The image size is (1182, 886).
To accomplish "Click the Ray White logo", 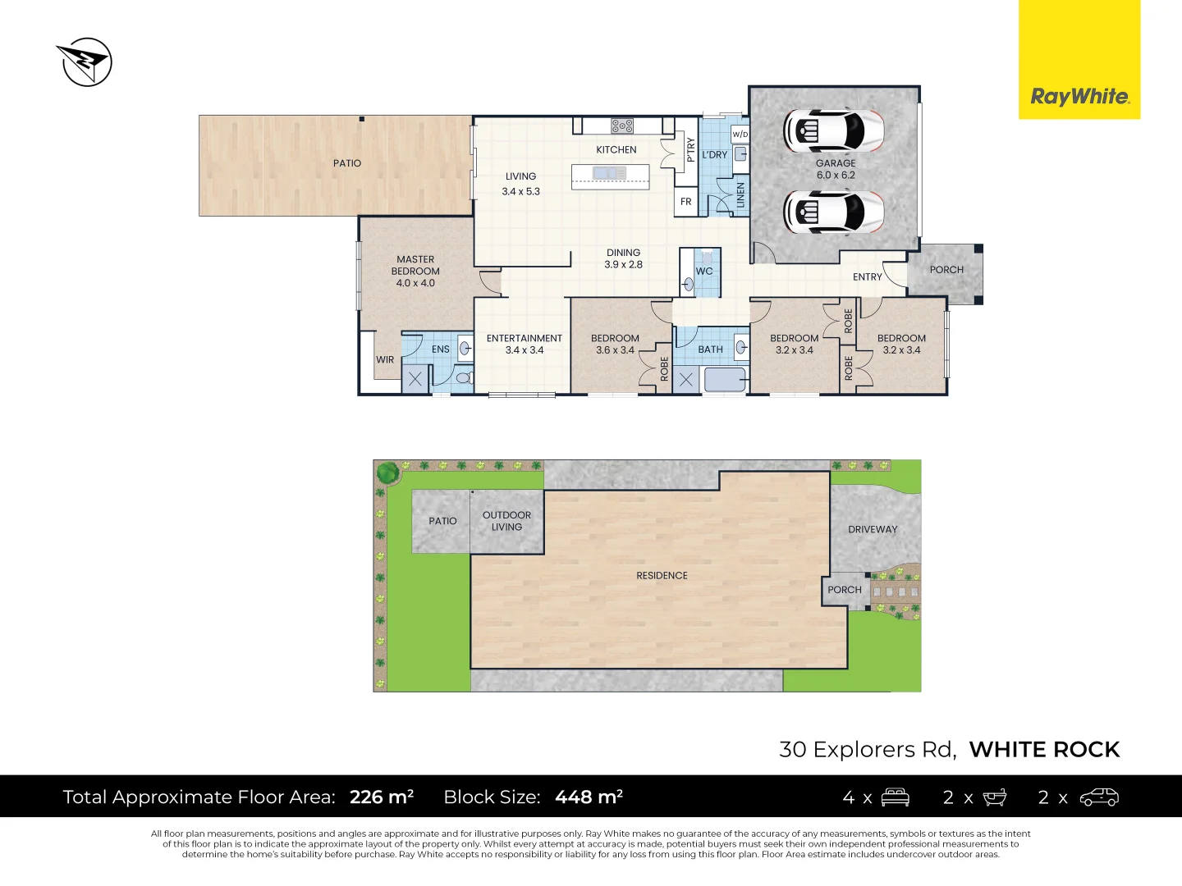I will pos(1079,97).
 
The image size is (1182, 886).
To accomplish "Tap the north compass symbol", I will pos(85,62).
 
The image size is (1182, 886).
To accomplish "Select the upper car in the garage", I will pos(834,130).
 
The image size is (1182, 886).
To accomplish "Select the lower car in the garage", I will pos(834,212).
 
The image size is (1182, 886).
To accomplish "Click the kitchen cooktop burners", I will pos(622,126).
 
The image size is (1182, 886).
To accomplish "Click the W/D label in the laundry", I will pos(740,134).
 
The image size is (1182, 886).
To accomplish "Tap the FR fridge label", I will pos(686,202).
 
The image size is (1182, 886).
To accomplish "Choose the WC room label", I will pos(704,272).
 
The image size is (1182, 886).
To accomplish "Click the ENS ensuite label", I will pos(441,349).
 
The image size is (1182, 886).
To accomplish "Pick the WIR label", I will pos(385,360).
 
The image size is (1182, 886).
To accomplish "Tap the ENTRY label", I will pos(867,277).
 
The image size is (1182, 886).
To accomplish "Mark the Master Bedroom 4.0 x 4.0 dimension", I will pos(415,283).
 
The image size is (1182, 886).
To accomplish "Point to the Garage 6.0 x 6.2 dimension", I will pos(836,176).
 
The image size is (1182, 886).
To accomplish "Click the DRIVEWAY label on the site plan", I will pos(873,530).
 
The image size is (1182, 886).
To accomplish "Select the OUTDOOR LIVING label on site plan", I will pos(506,521).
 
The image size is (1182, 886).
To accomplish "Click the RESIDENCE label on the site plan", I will pos(662,576).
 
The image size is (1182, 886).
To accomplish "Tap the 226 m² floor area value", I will pos(382,797).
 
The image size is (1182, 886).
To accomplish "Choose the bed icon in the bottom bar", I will pos(895,797).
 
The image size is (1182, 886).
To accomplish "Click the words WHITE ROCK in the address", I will pos(1044,750).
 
